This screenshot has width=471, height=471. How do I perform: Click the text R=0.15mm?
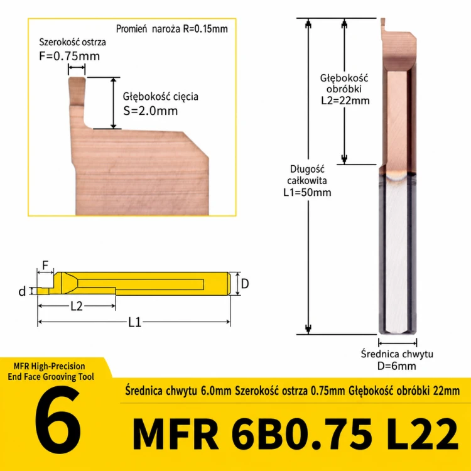click(205, 29)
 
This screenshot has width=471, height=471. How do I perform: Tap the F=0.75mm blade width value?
click(69, 56)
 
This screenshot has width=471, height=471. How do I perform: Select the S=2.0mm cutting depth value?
click(151, 111)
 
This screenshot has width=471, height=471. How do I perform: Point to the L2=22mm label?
click(345, 100)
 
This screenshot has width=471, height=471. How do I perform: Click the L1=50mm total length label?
click(307, 192)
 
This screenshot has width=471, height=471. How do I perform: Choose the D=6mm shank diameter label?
click(396, 366)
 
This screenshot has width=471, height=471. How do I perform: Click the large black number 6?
click(58, 420)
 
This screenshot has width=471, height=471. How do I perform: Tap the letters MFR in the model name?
click(175, 433)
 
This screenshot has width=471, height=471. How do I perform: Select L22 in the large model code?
click(422, 433)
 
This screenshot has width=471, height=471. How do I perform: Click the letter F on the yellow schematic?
click(45, 265)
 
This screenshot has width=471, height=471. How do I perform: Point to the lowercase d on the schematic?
click(22, 291)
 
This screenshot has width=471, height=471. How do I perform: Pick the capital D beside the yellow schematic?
click(245, 284)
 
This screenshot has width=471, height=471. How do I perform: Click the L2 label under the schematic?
click(76, 306)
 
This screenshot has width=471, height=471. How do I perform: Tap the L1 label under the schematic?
click(134, 322)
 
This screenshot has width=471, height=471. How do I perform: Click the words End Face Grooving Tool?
click(51, 377)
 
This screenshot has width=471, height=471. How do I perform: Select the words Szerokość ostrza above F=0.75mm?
click(72, 42)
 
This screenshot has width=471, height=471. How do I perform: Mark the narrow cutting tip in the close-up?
click(77, 91)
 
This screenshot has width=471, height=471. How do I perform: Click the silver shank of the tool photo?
click(398, 256)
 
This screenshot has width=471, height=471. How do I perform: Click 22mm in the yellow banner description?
click(447, 391)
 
